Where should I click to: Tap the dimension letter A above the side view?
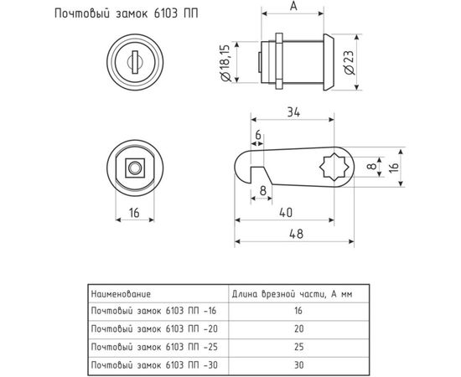click(x=291, y=6)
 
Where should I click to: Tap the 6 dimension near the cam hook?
click(x=257, y=133)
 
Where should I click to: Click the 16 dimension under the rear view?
click(x=133, y=213)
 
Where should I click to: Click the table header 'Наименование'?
click(x=120, y=294)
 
